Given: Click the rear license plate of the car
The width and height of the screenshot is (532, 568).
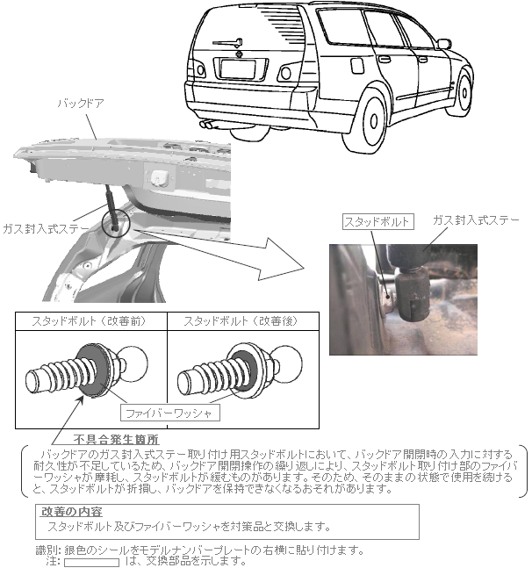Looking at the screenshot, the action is tap(238, 68).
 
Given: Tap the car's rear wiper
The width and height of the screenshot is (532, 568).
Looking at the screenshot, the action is tap(228, 43).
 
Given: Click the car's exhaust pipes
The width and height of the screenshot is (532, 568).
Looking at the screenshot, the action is tap(207, 125).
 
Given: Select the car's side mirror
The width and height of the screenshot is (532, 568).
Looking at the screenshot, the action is tap(444, 44).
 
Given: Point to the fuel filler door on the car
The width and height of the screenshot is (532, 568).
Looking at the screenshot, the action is tap(357, 66).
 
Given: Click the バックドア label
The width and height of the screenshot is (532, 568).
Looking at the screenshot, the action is tap(81, 104).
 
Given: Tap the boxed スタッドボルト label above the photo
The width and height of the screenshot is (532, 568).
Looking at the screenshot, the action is tap(377, 221).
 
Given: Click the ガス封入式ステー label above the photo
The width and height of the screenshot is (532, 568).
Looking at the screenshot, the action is tap(476, 219).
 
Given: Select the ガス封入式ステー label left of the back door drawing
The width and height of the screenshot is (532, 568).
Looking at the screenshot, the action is tap(46, 228).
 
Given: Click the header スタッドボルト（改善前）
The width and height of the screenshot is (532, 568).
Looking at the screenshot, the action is tap(89, 321).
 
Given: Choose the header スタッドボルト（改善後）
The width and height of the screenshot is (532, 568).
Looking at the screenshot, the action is tap(241, 321).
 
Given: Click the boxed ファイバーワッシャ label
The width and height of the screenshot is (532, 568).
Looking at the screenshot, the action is tap(169, 413).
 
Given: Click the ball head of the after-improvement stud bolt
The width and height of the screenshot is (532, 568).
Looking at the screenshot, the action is tap(287, 363).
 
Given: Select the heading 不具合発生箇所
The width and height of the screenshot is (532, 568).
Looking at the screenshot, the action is tap(116, 440).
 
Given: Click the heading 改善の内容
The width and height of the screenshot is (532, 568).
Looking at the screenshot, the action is tap(71, 512).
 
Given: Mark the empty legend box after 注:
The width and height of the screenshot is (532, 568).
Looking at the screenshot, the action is tap(91, 562).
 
